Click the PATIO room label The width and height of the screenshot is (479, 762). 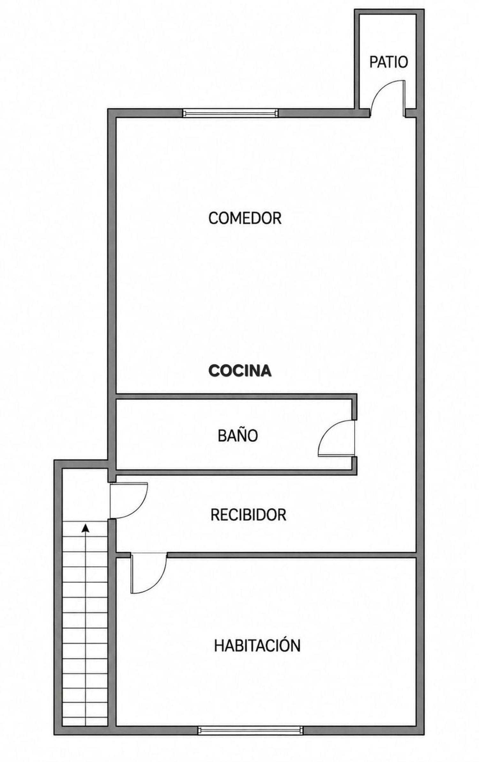pyautogui.click(x=389, y=62)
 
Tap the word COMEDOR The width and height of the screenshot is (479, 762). pyautogui.click(x=245, y=218)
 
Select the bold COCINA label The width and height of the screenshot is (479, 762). pyautogui.click(x=240, y=371)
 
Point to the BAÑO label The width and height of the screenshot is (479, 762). pyautogui.click(x=238, y=435)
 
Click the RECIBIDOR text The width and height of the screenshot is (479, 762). pyautogui.click(x=248, y=515)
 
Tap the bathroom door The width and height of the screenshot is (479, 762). pyautogui.click(x=337, y=438)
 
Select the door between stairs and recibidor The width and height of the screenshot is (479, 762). pyautogui.click(x=128, y=500)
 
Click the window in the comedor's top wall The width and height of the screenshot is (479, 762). pyautogui.click(x=231, y=113)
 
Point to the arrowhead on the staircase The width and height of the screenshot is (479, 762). pyautogui.click(x=85, y=528)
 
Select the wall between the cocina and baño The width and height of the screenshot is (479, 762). pyautogui.click(x=236, y=396)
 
